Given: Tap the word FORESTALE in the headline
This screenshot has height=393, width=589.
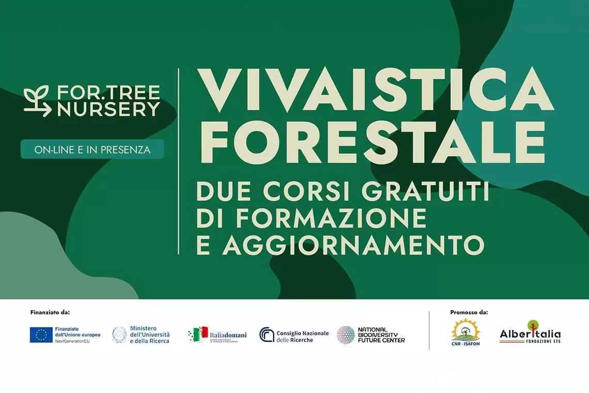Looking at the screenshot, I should coord(371,143).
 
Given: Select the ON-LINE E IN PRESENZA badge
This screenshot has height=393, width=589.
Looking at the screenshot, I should coord(92,149).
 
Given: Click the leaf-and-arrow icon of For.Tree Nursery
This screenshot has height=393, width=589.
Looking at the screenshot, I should coord(38,101).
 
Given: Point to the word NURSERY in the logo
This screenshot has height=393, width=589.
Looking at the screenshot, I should coord(109,109).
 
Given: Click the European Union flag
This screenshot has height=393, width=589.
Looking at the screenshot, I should coord(41,335).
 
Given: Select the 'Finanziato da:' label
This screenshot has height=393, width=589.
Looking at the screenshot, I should coord(50,312).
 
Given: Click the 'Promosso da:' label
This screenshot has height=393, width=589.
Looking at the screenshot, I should coord(469,312).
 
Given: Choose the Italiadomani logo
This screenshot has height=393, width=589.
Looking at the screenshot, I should coord(218,335).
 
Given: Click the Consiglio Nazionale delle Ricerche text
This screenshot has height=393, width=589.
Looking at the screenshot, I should coord(302,336).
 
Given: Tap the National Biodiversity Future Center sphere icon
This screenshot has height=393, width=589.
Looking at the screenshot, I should coord(346,335).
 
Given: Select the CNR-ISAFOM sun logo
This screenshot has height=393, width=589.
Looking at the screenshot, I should coord(466,332).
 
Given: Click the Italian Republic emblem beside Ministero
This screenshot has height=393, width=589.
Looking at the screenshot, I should coord(119,335).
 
